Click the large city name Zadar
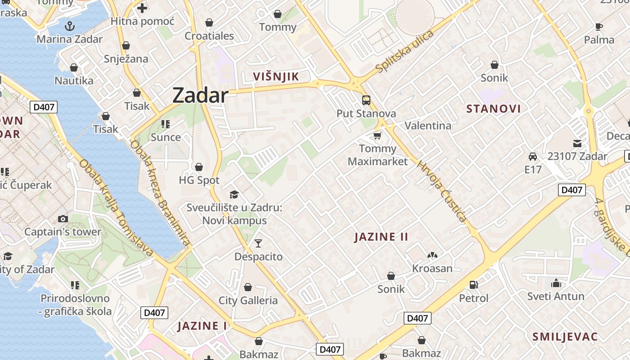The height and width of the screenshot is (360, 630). (x=200, y=96)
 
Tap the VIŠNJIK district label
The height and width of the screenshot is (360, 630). (x=276, y=76)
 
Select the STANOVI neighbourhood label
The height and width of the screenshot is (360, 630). (x=494, y=108)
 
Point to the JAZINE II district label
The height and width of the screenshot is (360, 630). (x=381, y=237)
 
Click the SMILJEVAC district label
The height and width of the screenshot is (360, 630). (x=565, y=337)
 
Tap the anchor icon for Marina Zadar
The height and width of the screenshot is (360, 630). (x=69, y=26)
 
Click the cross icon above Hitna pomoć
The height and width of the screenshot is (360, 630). (x=142, y=8)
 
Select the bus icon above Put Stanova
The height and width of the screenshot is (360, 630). (x=366, y=100)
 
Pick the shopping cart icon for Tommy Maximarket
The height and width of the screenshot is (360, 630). (x=378, y=135)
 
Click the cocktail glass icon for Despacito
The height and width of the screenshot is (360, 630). (x=258, y=243)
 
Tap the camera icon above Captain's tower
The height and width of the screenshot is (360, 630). (x=63, y=219)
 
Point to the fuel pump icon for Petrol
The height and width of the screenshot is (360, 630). (x=473, y=284)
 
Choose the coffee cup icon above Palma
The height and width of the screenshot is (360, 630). (x=599, y=27)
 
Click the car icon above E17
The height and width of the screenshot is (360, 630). (x=533, y=157)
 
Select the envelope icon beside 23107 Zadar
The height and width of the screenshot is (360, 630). (x=577, y=144)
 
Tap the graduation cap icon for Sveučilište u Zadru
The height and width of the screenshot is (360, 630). (x=234, y=194)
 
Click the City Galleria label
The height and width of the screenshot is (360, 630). (x=248, y=300)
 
